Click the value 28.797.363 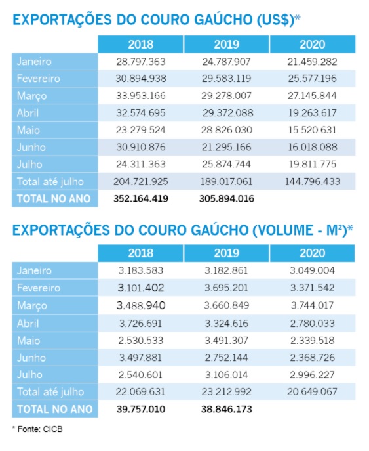[141, 62]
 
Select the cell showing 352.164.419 [141, 198]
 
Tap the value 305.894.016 [227, 198]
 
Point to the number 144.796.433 [313, 181]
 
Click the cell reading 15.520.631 [313, 130]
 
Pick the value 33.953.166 [141, 96]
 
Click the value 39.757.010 [141, 409]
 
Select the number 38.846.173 [227, 409]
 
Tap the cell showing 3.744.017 [313, 305]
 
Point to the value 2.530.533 [141, 340]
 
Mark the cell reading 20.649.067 [313, 391]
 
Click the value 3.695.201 [227, 288]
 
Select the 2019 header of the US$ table [227, 45]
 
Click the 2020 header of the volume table [313, 253]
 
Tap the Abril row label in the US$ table [30, 113]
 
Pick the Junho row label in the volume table [32, 357]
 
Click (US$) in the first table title [271, 19]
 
